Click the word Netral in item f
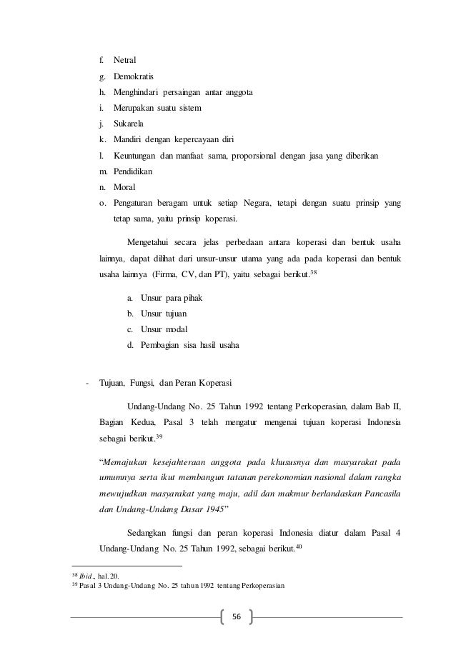[x=125, y=59]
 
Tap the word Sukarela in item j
[x=129, y=124]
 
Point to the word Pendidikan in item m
[x=133, y=171]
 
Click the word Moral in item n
[x=125, y=187]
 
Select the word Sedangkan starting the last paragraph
[x=149, y=533]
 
